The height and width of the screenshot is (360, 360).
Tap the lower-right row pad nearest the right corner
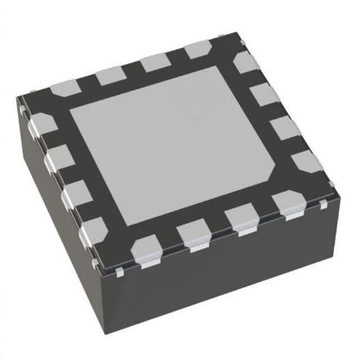[287, 202]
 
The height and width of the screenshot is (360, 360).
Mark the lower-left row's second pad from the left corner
[57, 157]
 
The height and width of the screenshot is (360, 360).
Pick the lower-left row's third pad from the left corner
[75, 192]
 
